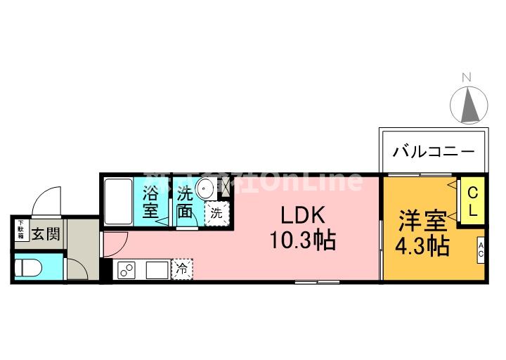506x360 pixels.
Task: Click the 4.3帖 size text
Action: click(x=422, y=247)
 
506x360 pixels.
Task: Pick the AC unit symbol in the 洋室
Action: click(x=481, y=250)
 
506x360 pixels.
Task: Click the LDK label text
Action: click(x=303, y=215)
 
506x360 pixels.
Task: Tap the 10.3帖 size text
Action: click(x=303, y=240)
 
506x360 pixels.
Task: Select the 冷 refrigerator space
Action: click(x=181, y=268)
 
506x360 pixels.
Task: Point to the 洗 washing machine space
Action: click(x=216, y=212)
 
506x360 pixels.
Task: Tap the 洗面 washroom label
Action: click(x=186, y=201)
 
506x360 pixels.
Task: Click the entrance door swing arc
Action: click(x=48, y=200)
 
